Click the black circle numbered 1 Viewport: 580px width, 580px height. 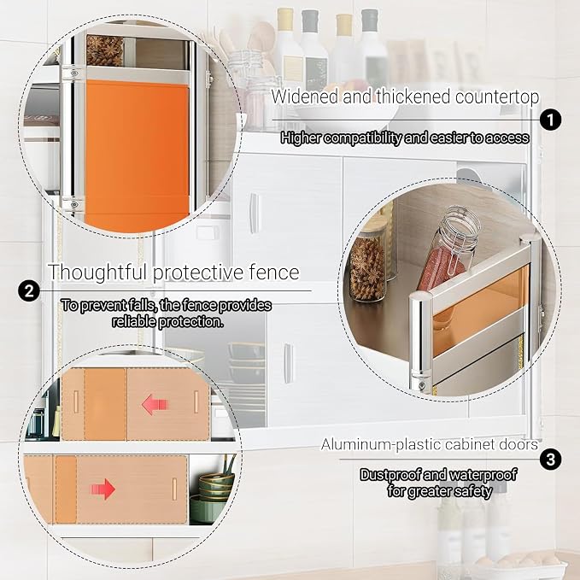[550, 120]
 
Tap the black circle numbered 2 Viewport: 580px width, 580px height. [29, 290]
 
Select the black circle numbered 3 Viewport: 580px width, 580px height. [550, 460]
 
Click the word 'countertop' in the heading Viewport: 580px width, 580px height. [497, 97]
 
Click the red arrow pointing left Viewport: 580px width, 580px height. [155, 404]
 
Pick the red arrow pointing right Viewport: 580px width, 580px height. [103, 489]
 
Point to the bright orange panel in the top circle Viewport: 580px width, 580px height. [138, 155]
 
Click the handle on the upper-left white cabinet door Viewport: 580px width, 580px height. [254, 213]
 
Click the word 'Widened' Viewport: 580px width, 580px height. [305, 97]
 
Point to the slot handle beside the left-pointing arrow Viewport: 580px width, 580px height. [196, 402]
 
